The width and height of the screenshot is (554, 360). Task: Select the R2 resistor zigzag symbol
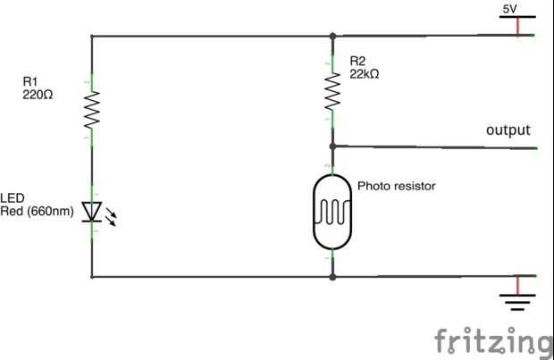click(x=332, y=90)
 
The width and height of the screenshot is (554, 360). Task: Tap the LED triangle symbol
click(x=91, y=211)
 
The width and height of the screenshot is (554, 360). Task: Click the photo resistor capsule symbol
click(x=332, y=212)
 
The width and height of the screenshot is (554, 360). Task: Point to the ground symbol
click(x=516, y=297)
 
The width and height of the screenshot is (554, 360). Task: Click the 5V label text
click(x=509, y=8)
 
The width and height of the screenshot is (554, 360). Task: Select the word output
click(x=508, y=130)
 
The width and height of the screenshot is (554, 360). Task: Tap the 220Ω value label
click(x=38, y=93)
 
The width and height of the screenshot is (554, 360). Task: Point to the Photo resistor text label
click(x=396, y=187)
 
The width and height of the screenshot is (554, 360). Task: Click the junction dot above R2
click(x=332, y=37)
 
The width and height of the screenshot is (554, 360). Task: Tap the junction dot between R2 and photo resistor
click(x=332, y=146)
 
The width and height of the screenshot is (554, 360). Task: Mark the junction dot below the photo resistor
click(x=332, y=277)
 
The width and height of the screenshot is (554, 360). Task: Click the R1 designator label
click(x=30, y=81)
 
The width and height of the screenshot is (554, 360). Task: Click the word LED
click(x=12, y=199)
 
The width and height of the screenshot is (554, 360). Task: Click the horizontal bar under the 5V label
click(x=517, y=18)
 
